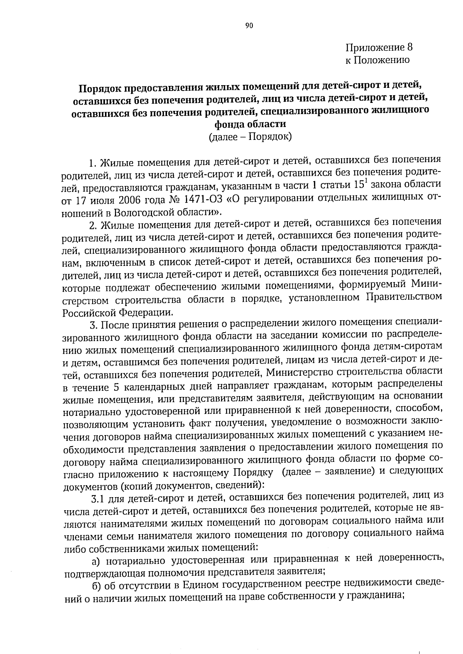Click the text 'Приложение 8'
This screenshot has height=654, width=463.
[x=379, y=47]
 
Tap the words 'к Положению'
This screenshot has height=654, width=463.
[x=377, y=60]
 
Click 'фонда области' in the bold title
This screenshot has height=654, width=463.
[x=250, y=124]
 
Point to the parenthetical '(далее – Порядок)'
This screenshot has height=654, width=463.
[x=250, y=136]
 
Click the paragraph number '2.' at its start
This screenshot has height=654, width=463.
[x=93, y=224]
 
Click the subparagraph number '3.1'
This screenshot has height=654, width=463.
[x=98, y=499]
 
